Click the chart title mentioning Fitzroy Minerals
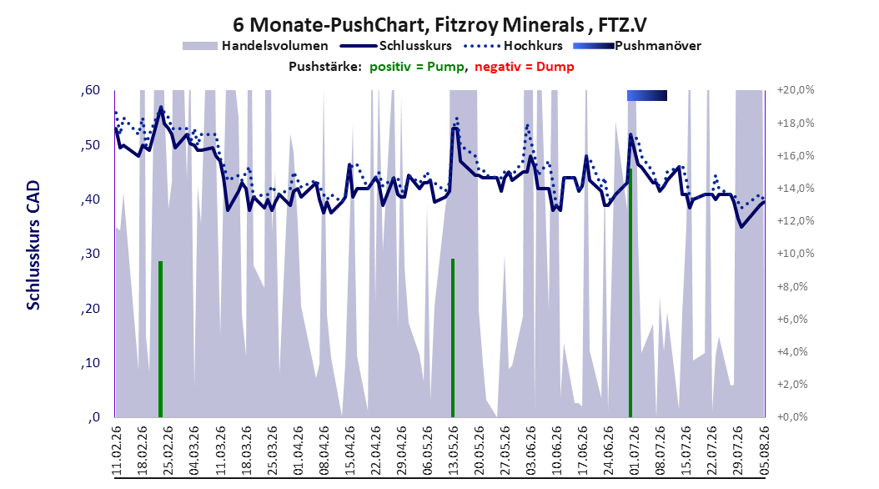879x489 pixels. [439, 25]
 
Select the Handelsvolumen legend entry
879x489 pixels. [255, 46]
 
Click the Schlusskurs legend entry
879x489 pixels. [396, 46]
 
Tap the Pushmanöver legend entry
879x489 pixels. [637, 46]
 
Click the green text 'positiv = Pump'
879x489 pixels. [417, 67]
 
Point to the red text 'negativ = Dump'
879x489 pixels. [525, 67]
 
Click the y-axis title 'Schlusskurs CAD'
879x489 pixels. [33, 244]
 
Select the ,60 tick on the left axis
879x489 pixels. [90, 90]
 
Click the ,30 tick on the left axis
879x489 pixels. [90, 254]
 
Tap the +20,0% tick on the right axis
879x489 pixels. [796, 90]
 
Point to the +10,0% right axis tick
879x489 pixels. [796, 254]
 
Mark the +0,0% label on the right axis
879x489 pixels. [792, 416]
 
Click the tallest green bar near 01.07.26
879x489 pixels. [630, 293]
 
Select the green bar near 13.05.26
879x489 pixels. [452, 338]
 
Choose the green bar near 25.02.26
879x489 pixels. [160, 340]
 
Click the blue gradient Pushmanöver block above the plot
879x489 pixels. [647, 95]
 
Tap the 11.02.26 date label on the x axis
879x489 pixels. [117, 451]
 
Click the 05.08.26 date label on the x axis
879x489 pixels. [764, 451]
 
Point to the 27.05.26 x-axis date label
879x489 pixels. [505, 451]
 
